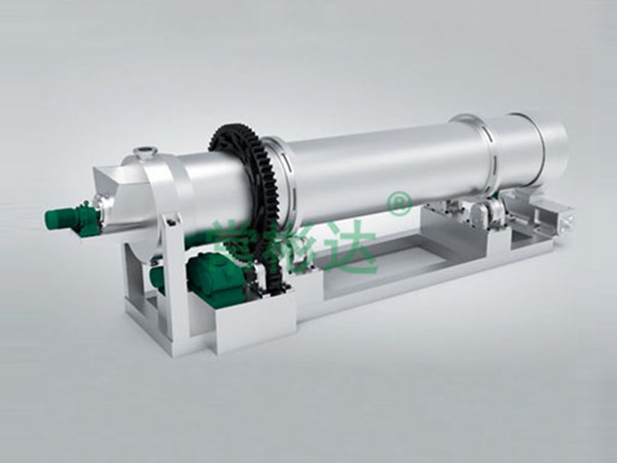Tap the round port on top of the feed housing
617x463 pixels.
pos(145,151)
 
